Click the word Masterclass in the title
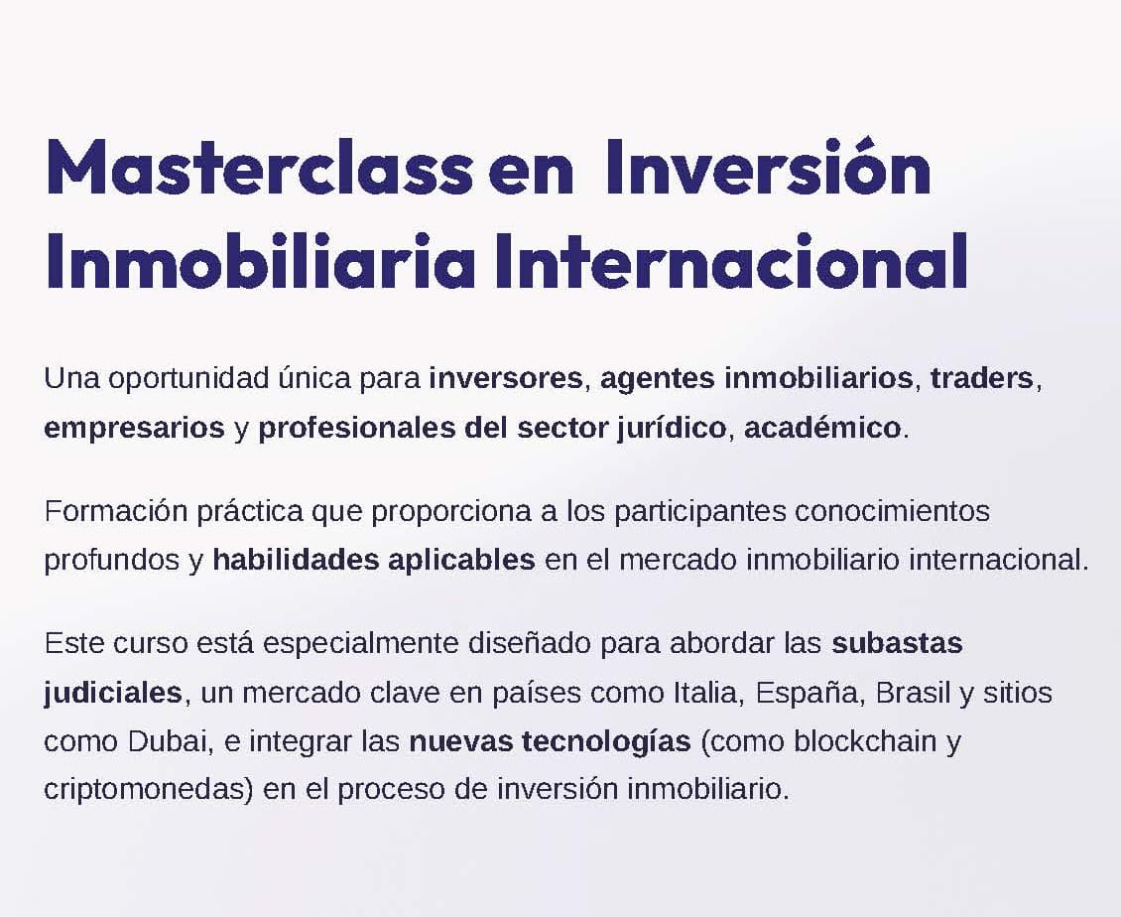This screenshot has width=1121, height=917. pos(260,168)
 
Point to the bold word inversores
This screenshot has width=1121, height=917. pos(506,378)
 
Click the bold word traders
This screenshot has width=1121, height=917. pos(982,378)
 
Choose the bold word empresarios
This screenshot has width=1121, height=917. pos(134,429)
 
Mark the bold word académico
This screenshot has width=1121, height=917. pos(822,428)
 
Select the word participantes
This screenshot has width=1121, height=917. pos(700,512)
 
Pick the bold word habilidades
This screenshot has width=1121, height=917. pos(296,560)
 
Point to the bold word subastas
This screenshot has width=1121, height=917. pos(897,643)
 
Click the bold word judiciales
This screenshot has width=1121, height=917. pos(113,693)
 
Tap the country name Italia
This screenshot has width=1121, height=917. pos(705,693)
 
